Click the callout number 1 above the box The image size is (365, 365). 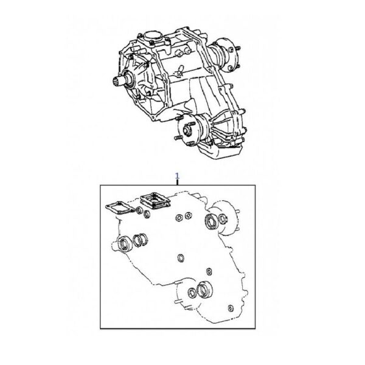(x=178, y=176)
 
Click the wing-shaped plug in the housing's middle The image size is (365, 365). (x=179, y=71)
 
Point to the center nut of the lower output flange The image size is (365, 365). (x=186, y=130)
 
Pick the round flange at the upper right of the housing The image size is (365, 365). (x=227, y=54)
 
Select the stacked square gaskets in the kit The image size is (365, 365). (x=155, y=201)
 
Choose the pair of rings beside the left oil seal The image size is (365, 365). (x=140, y=240)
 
